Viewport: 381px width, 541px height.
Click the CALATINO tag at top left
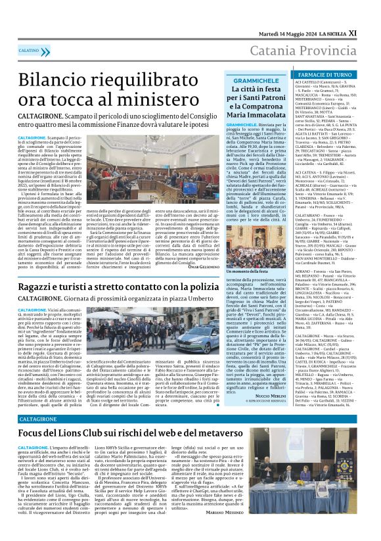click(x=30, y=50)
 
